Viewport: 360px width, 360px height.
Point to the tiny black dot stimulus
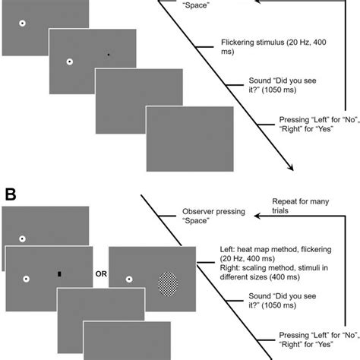pyautogui.click(x=109, y=55)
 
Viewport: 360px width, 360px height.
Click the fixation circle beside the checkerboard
pyautogui.click(x=128, y=279)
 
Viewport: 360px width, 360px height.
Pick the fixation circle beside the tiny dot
pyautogui.click(x=69, y=62)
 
